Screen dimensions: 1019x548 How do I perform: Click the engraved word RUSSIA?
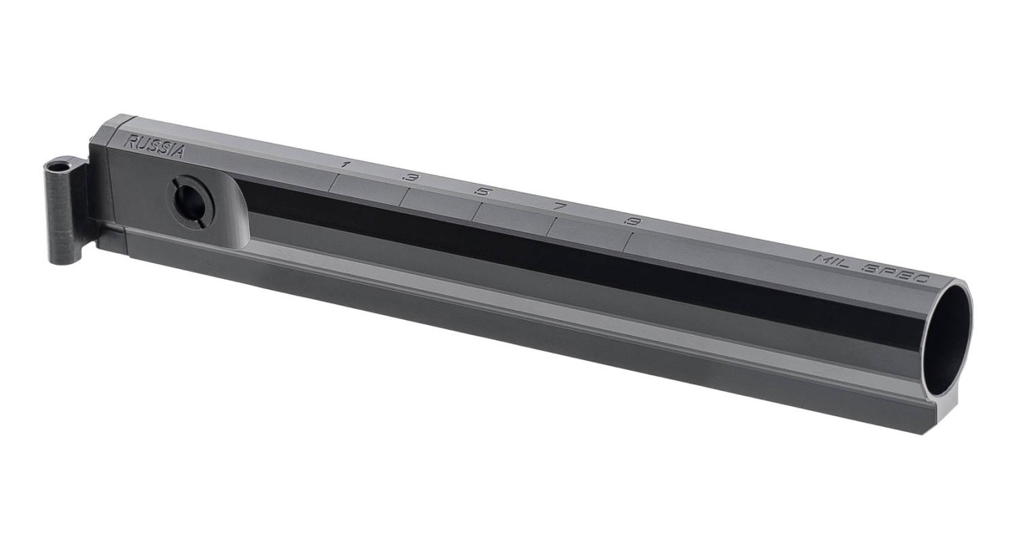[x=154, y=146]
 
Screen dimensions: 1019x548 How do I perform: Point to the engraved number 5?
[x=482, y=192]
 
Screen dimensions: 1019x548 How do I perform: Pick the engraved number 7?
[x=560, y=206]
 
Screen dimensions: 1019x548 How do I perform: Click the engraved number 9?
[x=632, y=221]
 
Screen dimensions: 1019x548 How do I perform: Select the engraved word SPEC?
[x=895, y=274]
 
